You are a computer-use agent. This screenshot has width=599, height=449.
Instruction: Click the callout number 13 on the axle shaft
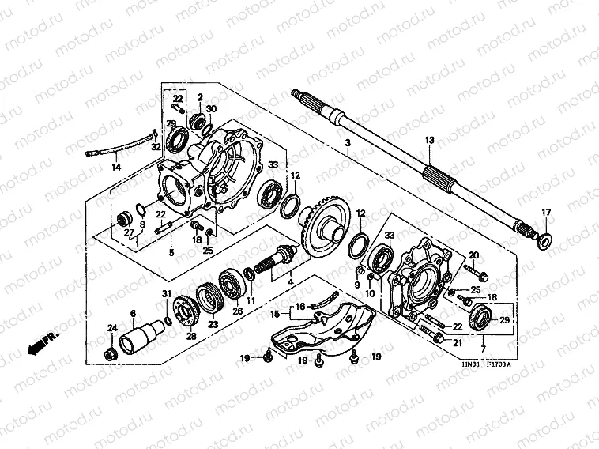click(429, 140)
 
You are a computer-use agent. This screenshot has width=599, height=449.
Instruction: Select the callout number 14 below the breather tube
click(116, 168)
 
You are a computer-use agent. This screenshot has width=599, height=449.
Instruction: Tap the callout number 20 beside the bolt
click(473, 255)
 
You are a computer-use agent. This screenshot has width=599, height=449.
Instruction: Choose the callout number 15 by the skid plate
click(276, 314)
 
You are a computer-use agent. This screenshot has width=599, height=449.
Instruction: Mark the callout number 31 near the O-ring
click(167, 295)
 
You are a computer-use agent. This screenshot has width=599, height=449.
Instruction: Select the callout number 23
click(213, 323)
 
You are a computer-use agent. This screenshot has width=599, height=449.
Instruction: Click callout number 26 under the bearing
click(238, 311)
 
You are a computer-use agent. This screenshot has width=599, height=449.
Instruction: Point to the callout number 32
click(156, 148)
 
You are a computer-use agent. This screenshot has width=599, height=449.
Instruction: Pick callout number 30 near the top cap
click(211, 108)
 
